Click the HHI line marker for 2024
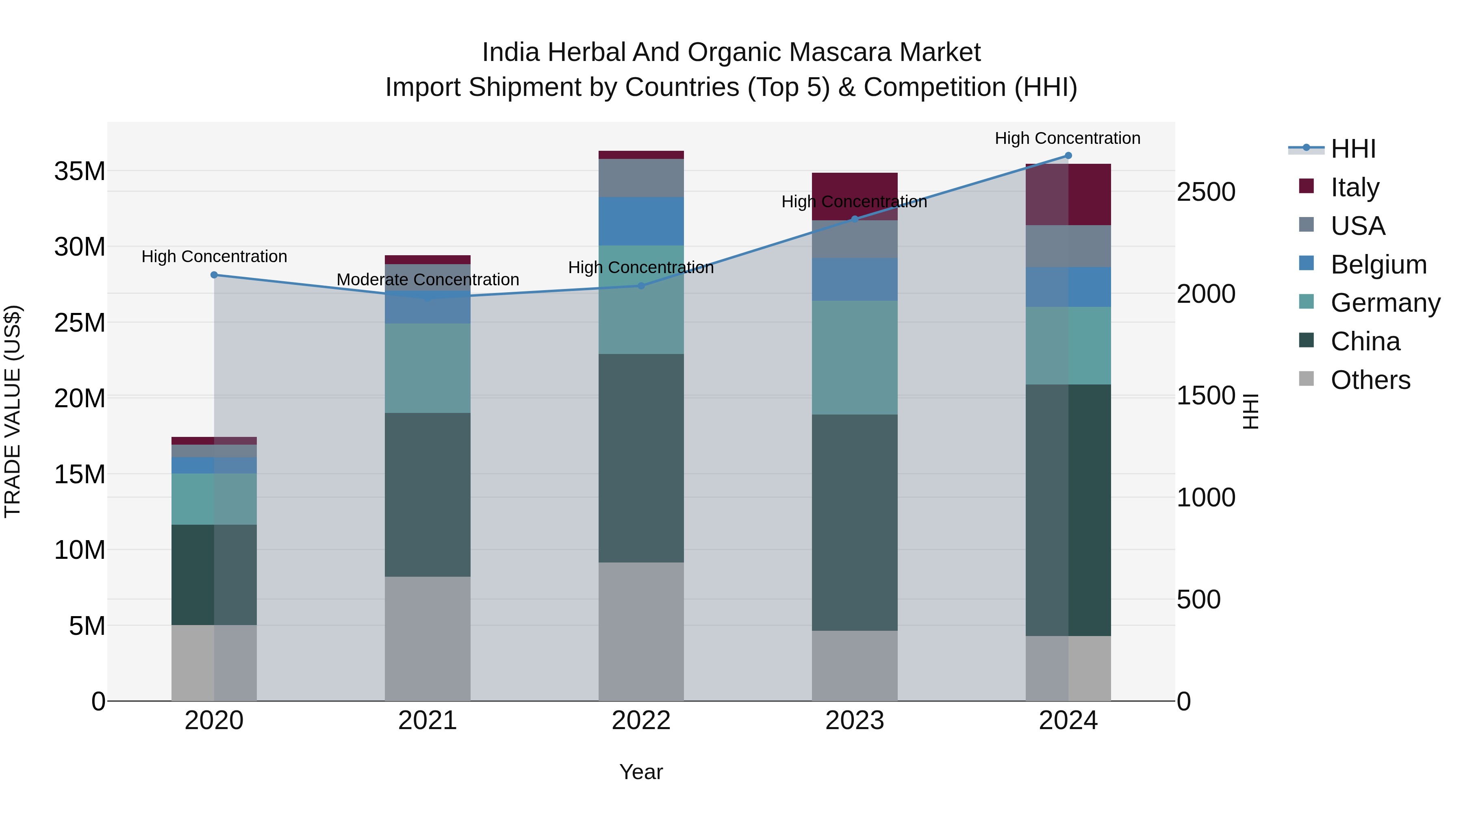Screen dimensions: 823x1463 (x=1068, y=156)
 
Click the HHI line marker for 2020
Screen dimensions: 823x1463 (x=214, y=275)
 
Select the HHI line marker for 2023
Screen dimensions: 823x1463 (x=855, y=219)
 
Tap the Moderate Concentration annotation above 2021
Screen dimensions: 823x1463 (x=428, y=280)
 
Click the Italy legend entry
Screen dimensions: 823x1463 (x=1354, y=187)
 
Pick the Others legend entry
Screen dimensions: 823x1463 (x=1370, y=380)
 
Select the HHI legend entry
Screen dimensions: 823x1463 (x=1353, y=149)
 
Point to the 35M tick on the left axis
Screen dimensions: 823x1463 (x=80, y=171)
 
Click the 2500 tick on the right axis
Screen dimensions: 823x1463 (x=1206, y=192)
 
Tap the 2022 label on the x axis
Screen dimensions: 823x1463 (x=640, y=721)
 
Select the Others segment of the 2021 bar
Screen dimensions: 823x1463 (x=428, y=638)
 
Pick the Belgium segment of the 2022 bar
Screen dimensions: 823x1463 (x=640, y=221)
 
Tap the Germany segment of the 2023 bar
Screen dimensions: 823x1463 (x=855, y=357)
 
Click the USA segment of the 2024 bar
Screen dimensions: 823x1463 (x=1068, y=246)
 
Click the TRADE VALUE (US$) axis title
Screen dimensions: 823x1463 (x=13, y=411)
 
